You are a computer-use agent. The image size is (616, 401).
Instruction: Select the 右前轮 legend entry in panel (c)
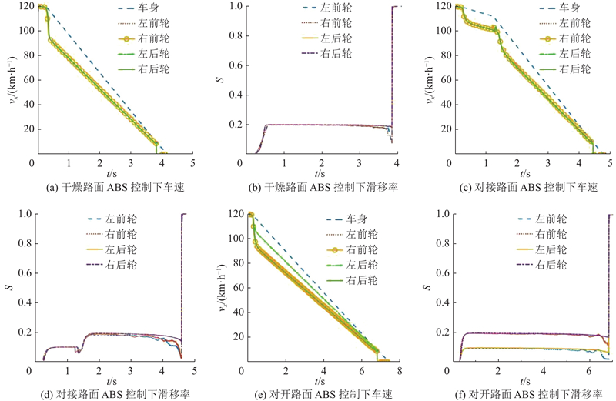tap(565, 38)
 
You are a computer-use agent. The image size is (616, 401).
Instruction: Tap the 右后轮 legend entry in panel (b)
tap(326, 53)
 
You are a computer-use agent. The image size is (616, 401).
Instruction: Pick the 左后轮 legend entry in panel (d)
tap(111, 249)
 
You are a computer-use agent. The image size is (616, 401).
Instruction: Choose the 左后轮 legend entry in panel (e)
tap(352, 265)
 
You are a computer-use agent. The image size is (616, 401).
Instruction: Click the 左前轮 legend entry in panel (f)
tap(542, 219)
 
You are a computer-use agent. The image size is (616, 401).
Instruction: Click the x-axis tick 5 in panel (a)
tap(192, 162)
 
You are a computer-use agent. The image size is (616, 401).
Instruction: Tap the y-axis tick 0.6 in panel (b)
tap(236, 65)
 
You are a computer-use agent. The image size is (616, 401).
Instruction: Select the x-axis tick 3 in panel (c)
tap(548, 162)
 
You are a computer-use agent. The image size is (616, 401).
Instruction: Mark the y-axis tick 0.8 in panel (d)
tap(25, 243)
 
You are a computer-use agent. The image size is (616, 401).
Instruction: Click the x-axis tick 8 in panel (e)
tap(400, 371)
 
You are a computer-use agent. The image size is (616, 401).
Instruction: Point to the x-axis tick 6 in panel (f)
tap(588, 371)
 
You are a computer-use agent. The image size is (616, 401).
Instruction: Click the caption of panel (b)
tap(323, 187)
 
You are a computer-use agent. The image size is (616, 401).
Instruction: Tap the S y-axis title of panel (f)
tap(427, 287)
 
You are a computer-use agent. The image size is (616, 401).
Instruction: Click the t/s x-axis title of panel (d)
tap(111, 381)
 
